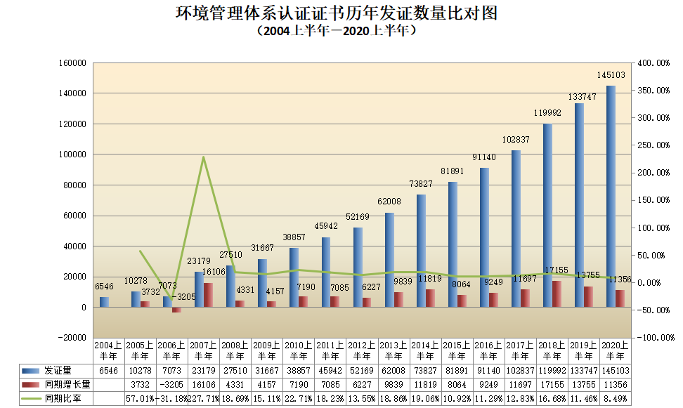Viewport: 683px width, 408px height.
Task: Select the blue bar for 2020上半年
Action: pyautogui.click(x=611, y=197)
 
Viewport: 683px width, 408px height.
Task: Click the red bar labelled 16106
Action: pyautogui.click(x=209, y=295)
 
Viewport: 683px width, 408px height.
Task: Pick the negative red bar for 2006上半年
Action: pyautogui.click(x=177, y=310)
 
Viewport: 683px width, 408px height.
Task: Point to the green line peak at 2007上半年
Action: pyautogui.click(x=203, y=157)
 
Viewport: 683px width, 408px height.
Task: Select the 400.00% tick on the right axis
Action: pyautogui.click(x=653, y=63)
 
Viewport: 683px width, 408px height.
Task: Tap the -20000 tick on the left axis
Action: pyautogui.click(x=71, y=338)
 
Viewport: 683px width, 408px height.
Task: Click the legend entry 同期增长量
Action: pyautogui.click(x=56, y=384)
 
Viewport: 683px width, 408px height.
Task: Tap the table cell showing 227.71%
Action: pyautogui.click(x=203, y=399)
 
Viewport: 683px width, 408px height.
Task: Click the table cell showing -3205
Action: pyautogui.click(x=171, y=385)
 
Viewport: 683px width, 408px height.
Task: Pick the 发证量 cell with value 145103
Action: pyautogui.click(x=616, y=370)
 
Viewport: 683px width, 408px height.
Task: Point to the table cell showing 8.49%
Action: pyautogui.click(x=616, y=399)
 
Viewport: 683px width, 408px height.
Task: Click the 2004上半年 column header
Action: pyautogui.click(x=108, y=350)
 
